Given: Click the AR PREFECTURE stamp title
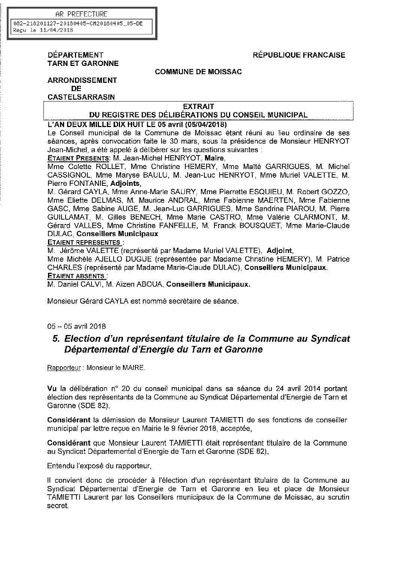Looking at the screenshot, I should pos(81,14).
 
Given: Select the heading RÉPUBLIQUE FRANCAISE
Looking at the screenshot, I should pos(299,55).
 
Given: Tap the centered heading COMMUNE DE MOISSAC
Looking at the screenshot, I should pos(198,72).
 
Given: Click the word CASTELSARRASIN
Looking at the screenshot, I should pos(81,97).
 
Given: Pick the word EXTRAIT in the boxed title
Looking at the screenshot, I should pos(198,107).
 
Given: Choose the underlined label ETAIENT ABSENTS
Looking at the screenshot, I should pos(76,276).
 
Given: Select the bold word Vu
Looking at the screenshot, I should pos(51,388).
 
